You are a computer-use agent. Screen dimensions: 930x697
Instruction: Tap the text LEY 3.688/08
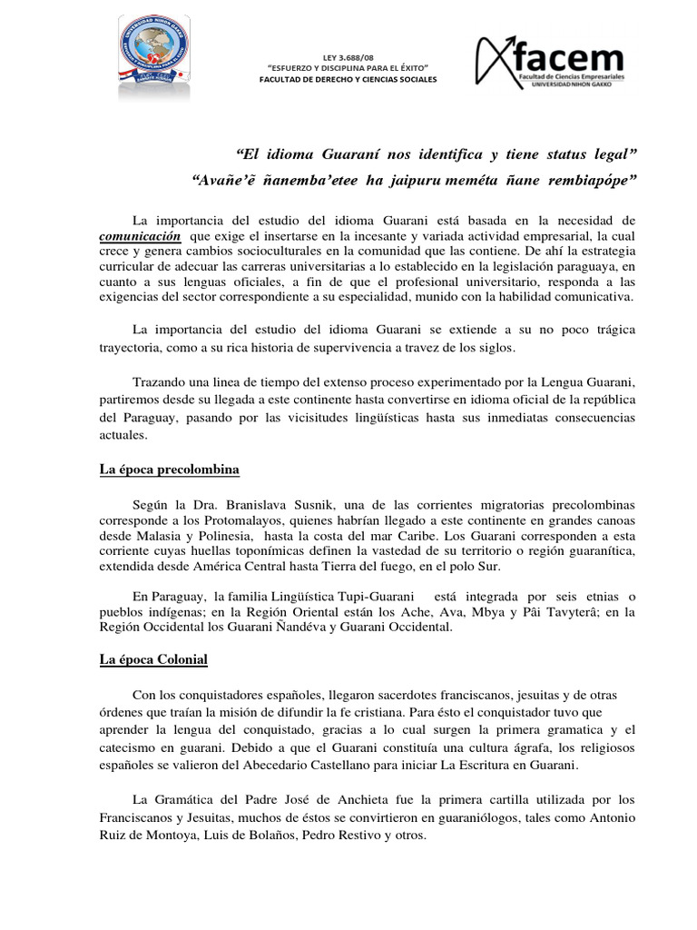pyautogui.click(x=348, y=57)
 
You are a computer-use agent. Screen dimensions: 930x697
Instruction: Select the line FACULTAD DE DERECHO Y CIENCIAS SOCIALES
pyautogui.click(x=348, y=79)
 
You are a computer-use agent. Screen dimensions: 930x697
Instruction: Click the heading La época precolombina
pyautogui.click(x=169, y=470)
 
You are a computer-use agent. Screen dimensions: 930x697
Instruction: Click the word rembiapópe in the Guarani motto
pyautogui.click(x=592, y=180)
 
